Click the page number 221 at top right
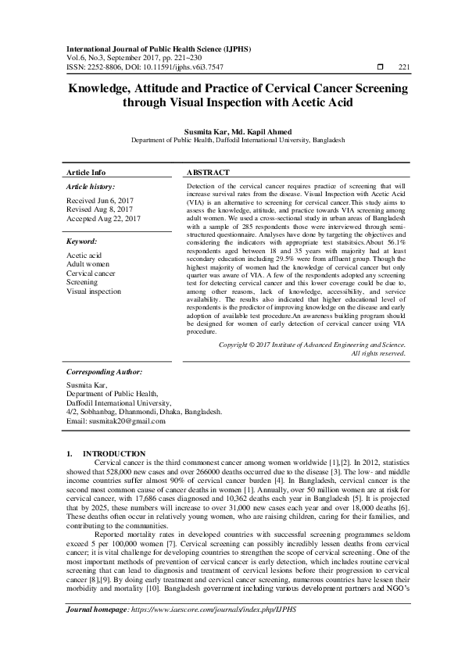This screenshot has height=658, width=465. click(x=404, y=68)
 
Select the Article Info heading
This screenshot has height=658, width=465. click(x=86, y=172)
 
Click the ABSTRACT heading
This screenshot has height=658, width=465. click(x=209, y=172)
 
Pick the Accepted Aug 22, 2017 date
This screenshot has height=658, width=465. click(x=103, y=219)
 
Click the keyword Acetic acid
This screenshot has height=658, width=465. click(x=85, y=256)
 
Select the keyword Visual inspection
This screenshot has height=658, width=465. click(x=94, y=291)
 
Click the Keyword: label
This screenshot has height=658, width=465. click(x=82, y=242)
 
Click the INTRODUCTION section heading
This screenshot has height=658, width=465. click(x=114, y=453)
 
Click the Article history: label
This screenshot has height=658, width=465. click(x=91, y=188)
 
